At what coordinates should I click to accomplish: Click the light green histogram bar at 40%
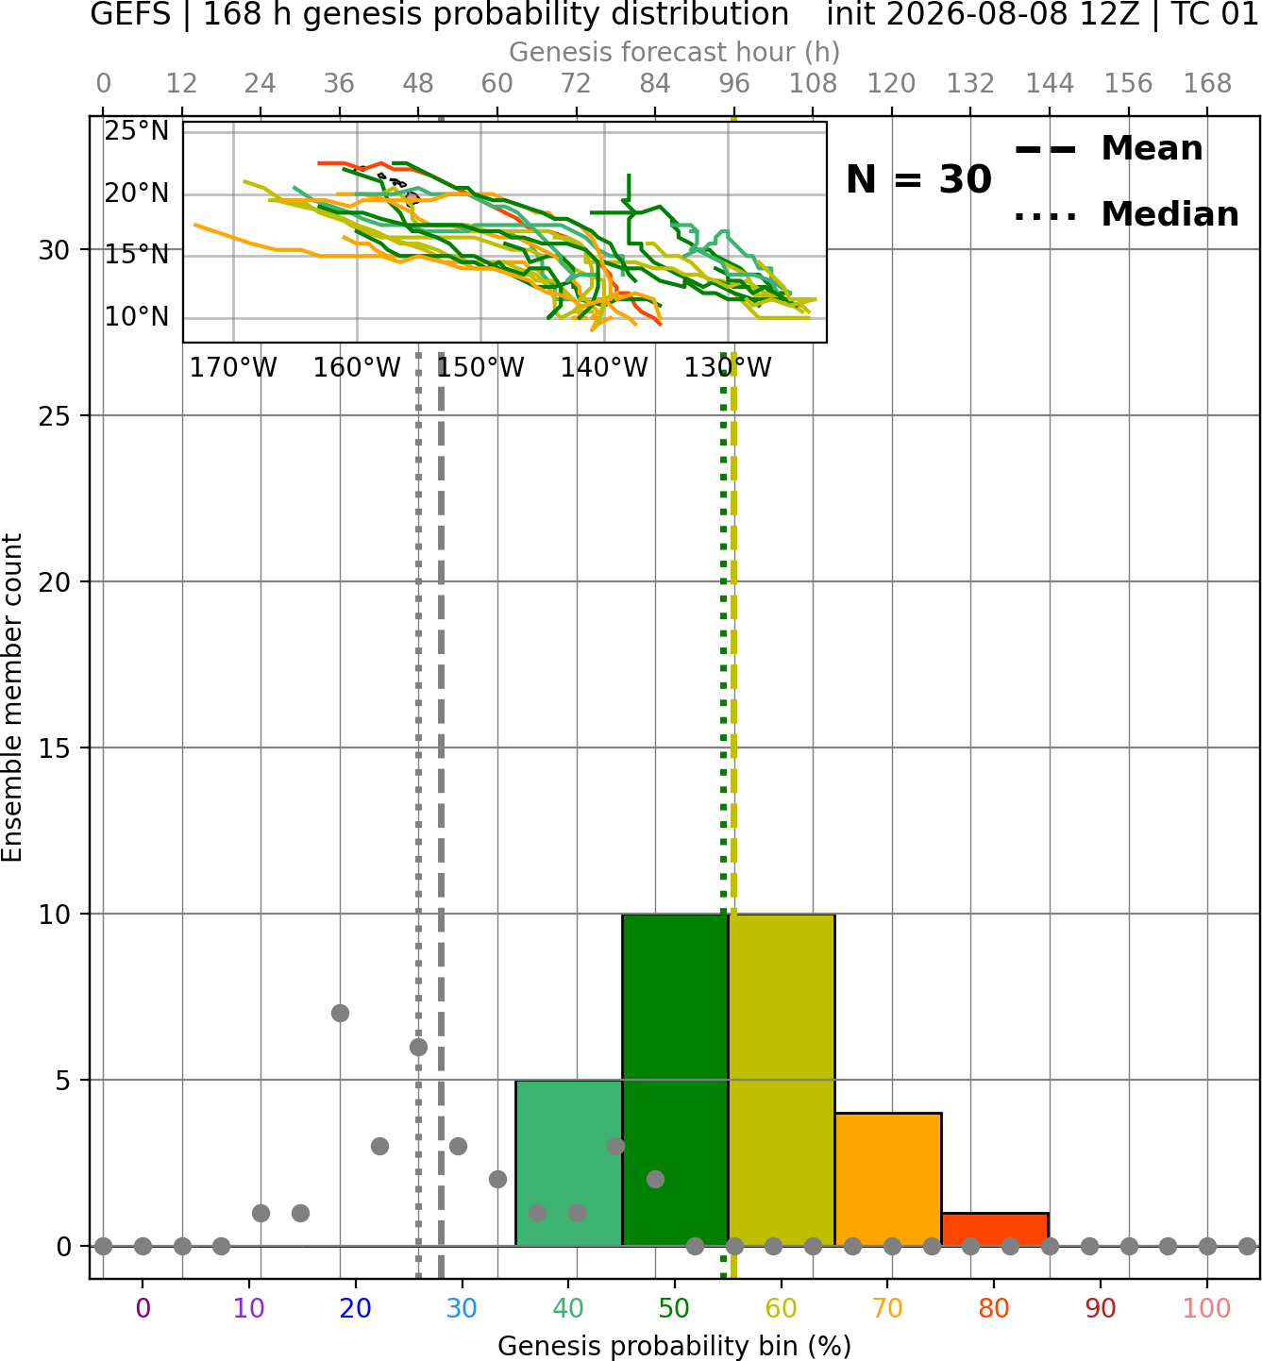tap(568, 1163)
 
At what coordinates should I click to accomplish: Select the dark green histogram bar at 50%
tap(675, 1080)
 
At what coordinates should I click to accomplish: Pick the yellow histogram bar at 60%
tap(782, 1080)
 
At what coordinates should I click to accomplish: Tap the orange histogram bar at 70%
tap(888, 1180)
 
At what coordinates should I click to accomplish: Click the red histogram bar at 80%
tap(995, 1230)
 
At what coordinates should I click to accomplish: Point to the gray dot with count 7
tap(340, 1013)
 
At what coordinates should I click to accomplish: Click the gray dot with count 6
tap(418, 1047)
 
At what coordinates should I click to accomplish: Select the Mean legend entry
tap(1108, 149)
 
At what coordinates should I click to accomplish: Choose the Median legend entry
tap(1126, 215)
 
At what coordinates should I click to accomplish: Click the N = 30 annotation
tap(918, 179)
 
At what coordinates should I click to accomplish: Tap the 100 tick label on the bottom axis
tap(1207, 1308)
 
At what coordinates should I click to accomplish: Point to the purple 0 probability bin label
tap(143, 1308)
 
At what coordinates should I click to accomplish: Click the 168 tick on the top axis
tap(1207, 84)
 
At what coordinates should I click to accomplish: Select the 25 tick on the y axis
tap(54, 416)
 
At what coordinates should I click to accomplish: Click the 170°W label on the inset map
tap(233, 368)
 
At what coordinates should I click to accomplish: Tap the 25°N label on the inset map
tap(137, 131)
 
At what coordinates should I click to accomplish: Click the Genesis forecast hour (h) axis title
tap(675, 52)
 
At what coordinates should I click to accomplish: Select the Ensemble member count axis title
tap(12, 697)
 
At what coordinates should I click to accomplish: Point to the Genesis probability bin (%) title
tap(675, 1347)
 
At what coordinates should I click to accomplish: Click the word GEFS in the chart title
tap(130, 14)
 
